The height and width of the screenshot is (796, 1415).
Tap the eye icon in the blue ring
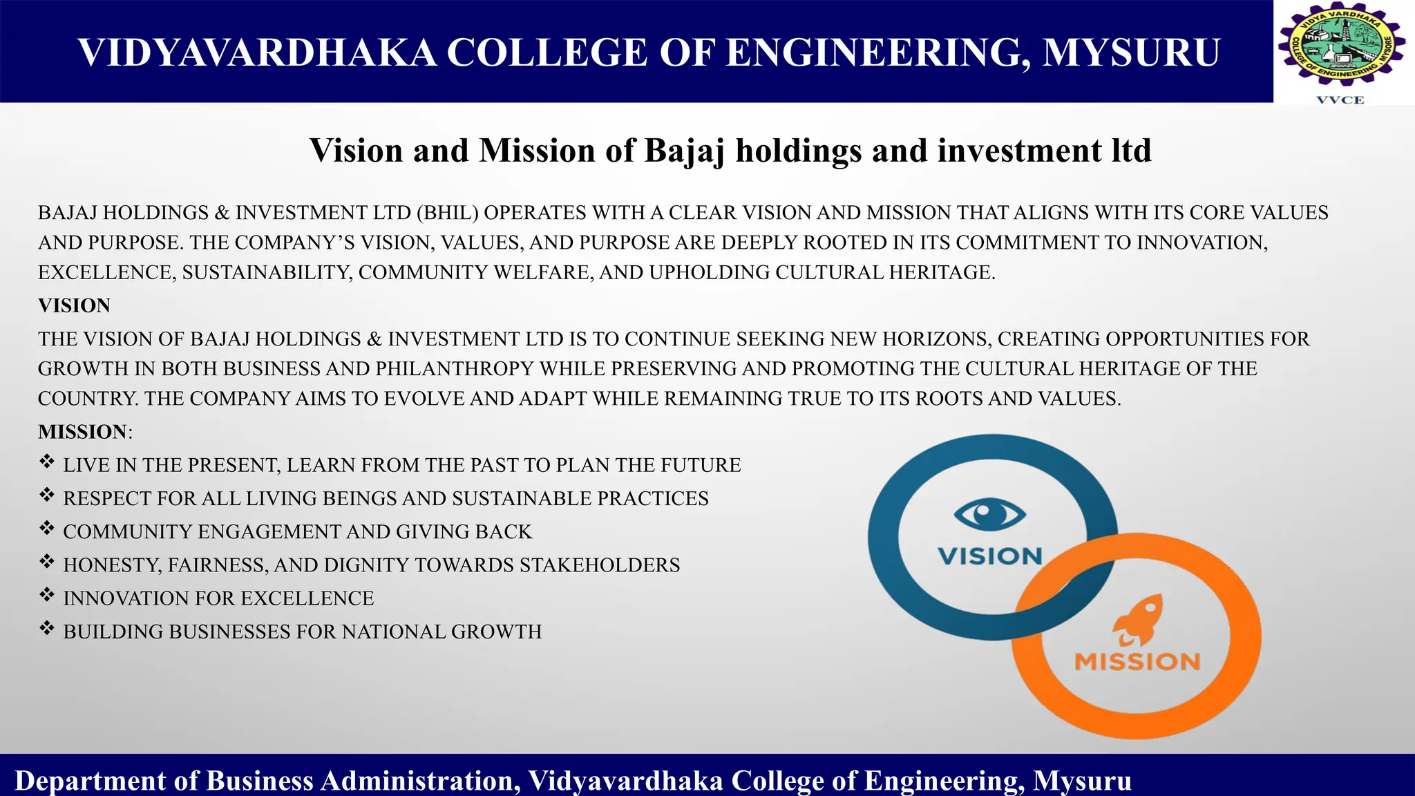pyautogui.click(x=989, y=514)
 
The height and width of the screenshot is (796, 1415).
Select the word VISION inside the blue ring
pyautogui.click(x=989, y=556)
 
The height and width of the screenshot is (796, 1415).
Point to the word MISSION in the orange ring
pyautogui.click(x=1137, y=662)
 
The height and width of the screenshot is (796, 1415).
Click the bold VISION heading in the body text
pyautogui.click(x=74, y=305)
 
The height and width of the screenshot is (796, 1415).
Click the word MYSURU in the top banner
pyautogui.click(x=1131, y=53)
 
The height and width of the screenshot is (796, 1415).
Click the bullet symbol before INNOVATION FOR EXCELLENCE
pyautogui.click(x=46, y=595)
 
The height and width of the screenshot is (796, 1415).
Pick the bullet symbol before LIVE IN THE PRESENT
pyautogui.click(x=46, y=462)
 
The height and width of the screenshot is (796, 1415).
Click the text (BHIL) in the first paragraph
pyautogui.click(x=447, y=213)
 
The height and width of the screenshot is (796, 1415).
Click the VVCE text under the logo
pyautogui.click(x=1340, y=100)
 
